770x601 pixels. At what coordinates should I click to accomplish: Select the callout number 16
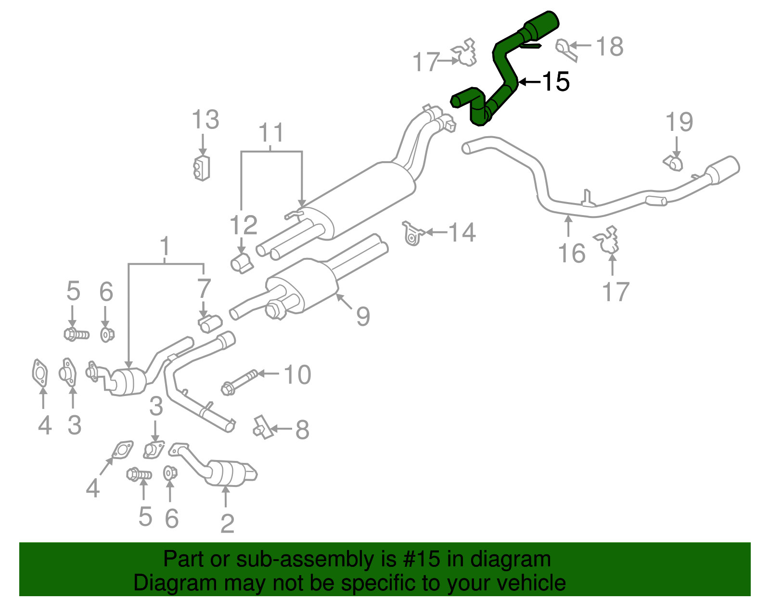(x=572, y=253)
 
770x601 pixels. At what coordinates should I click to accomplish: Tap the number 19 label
(x=679, y=122)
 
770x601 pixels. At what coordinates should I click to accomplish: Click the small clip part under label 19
(x=674, y=162)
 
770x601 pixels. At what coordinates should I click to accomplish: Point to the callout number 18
(x=609, y=47)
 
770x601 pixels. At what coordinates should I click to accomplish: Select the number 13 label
(x=205, y=120)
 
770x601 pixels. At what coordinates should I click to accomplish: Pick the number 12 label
(x=244, y=225)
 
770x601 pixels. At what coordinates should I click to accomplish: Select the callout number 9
(x=363, y=316)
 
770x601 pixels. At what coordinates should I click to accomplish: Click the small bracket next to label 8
(x=262, y=426)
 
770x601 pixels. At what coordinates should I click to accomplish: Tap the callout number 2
(x=227, y=523)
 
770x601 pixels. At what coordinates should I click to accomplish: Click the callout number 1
(x=165, y=246)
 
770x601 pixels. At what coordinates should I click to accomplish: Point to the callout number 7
(x=204, y=289)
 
